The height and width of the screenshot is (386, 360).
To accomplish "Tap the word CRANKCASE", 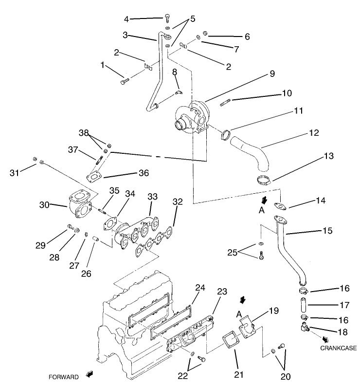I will pos(336,348).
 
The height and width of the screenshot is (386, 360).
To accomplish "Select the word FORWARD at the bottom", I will pos(63,377).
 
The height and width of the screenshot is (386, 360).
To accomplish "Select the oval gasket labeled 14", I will pos(280,206).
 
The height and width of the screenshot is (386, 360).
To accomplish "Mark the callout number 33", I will pos(152,196).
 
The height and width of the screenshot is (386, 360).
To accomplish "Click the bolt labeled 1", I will pos(124,82).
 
